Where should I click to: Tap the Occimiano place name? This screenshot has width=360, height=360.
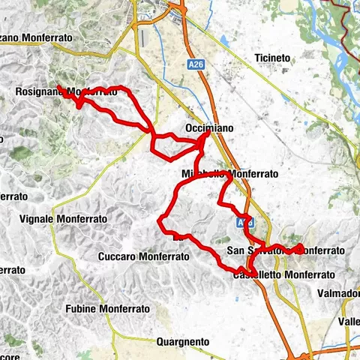click(x=208, y=129)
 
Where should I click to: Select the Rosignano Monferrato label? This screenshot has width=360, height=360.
click(x=67, y=92)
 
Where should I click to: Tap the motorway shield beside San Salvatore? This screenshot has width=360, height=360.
click(x=251, y=223)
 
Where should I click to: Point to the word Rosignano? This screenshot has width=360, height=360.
click(x=37, y=92)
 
